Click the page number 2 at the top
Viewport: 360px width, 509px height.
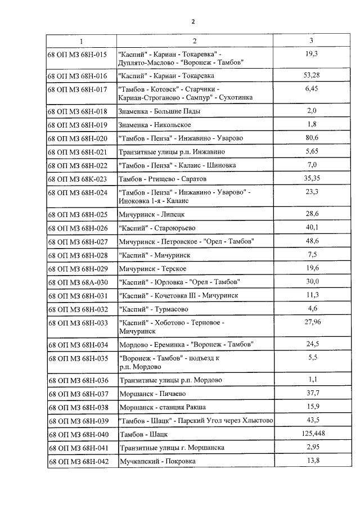click(x=193, y=21)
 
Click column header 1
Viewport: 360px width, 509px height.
click(x=81, y=41)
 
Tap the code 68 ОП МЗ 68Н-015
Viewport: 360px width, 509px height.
click(x=77, y=55)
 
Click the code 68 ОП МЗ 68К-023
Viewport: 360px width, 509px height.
click(x=77, y=179)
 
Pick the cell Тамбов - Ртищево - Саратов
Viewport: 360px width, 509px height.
click(x=163, y=179)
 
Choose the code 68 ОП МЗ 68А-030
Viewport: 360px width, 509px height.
click(x=77, y=281)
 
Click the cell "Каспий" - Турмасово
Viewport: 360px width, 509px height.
click(x=153, y=309)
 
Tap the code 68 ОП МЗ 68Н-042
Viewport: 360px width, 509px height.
click(x=77, y=461)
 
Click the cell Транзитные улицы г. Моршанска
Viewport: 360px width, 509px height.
click(x=172, y=448)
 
